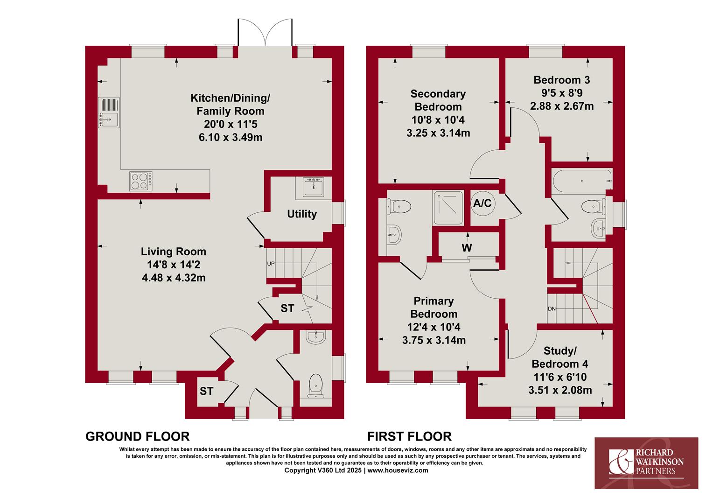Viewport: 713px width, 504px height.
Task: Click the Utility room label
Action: click(x=302, y=214)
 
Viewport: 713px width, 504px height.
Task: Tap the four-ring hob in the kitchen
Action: click(x=141, y=181)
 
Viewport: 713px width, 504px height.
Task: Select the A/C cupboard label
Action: click(x=482, y=203)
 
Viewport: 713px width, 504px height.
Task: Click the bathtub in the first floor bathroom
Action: click(x=582, y=181)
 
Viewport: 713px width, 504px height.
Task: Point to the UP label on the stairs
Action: click(x=271, y=264)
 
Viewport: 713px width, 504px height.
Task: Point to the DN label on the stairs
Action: click(x=552, y=308)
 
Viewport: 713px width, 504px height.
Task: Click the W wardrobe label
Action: click(x=467, y=248)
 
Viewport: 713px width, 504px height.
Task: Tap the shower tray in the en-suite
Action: click(x=447, y=208)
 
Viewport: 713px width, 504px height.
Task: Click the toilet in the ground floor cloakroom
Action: click(x=315, y=386)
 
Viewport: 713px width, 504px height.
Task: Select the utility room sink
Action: click(x=314, y=187)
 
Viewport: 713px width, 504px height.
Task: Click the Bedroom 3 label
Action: click(x=562, y=80)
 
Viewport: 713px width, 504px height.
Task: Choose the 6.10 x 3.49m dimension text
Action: click(x=231, y=137)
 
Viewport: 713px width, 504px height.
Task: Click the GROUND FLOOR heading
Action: click(x=138, y=436)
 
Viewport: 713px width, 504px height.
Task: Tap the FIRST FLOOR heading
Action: click(x=409, y=436)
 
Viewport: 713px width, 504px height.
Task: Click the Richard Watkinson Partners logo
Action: click(x=646, y=463)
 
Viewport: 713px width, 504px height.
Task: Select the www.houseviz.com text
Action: click(x=398, y=470)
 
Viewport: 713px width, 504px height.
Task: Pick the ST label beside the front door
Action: click(x=207, y=391)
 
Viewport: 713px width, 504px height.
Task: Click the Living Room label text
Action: click(x=174, y=252)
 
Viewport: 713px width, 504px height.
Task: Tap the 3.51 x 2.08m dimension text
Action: click(x=560, y=390)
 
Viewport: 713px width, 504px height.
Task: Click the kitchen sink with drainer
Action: click(x=109, y=113)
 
